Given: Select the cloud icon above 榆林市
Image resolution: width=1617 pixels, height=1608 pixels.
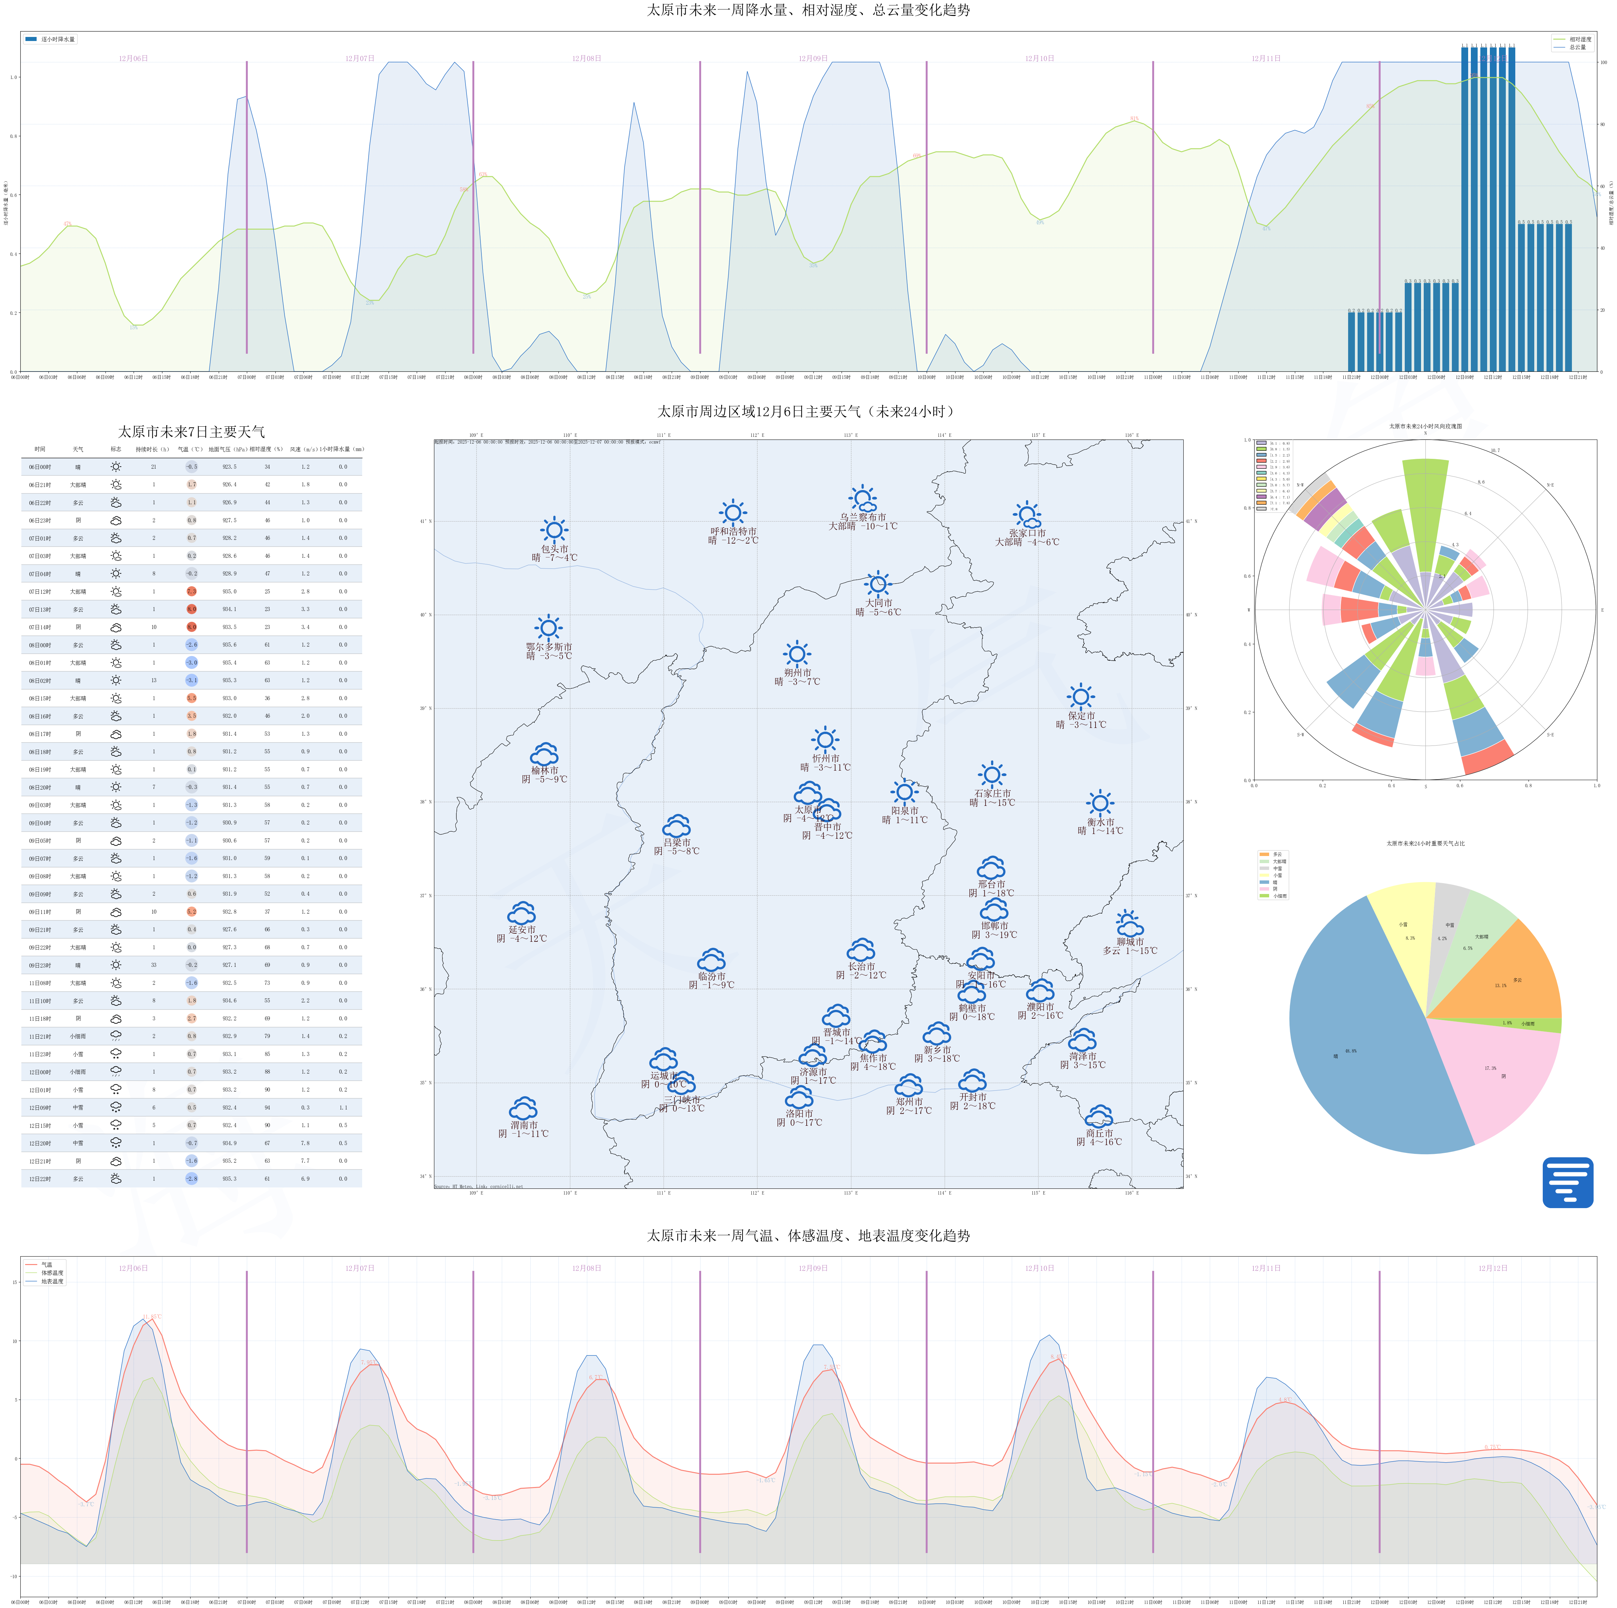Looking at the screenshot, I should tap(544, 754).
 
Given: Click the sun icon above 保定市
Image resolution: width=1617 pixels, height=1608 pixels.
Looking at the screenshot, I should tap(1081, 696).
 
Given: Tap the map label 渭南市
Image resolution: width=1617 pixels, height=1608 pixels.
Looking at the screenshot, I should tap(523, 1125).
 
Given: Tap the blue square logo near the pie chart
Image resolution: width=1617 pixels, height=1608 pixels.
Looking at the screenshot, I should tap(1567, 1182).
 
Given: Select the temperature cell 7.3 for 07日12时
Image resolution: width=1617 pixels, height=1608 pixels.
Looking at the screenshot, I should tap(192, 591).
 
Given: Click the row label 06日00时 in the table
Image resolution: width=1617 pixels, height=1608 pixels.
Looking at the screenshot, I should tap(40, 467).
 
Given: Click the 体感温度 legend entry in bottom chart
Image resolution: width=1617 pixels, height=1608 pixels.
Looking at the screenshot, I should tap(52, 1273).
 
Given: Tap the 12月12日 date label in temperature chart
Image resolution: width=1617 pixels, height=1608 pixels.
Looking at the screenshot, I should tap(1492, 1268).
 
